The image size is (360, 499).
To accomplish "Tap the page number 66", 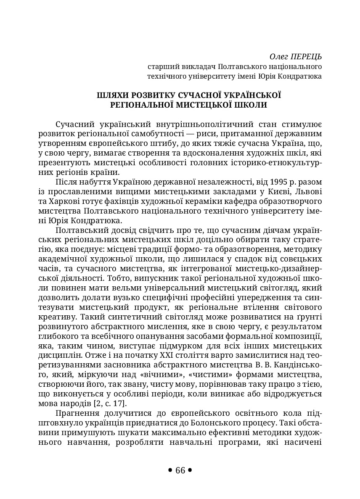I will [180, 470].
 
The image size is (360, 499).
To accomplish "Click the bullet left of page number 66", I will [170, 470].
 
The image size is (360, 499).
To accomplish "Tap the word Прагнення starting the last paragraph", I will [76, 413].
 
